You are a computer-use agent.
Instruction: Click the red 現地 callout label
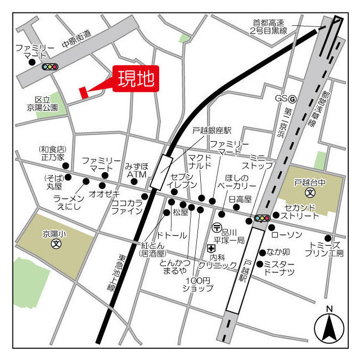(x=135, y=79)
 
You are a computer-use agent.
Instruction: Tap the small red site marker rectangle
(x=84, y=92)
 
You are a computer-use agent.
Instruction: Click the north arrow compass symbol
(x=329, y=326)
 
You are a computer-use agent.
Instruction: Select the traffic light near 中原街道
(x=49, y=67)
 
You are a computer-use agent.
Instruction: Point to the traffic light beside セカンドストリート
(x=262, y=218)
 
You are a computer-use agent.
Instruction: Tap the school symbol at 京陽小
(x=56, y=244)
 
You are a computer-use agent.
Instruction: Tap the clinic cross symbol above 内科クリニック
(x=211, y=248)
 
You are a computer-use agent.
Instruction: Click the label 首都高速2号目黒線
(x=269, y=27)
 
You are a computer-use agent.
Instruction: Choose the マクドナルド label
(x=200, y=162)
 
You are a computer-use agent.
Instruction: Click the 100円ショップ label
(x=197, y=284)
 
